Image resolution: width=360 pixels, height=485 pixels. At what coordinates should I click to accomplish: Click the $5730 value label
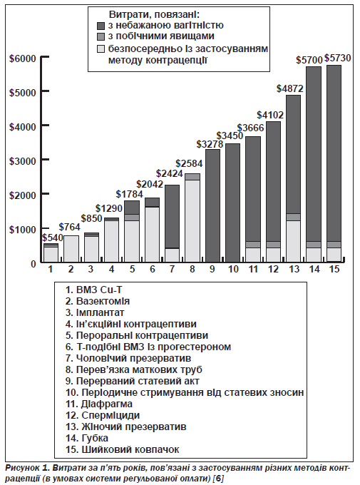(337, 58)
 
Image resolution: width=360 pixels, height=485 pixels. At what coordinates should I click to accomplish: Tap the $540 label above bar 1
(53, 238)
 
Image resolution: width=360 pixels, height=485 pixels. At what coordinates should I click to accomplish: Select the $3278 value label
(210, 144)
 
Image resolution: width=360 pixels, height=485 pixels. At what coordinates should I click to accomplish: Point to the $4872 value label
(290, 88)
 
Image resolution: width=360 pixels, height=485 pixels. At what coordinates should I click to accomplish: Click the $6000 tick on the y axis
(23, 58)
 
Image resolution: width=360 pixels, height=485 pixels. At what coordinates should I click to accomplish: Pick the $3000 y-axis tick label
(23, 161)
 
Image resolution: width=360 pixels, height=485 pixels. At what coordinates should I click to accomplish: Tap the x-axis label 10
(234, 270)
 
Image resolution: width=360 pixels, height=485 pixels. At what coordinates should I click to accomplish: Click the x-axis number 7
(173, 270)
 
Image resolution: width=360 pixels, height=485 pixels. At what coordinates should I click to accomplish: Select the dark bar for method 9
(212, 205)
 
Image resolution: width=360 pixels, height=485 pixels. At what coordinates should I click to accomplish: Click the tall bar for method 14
(314, 164)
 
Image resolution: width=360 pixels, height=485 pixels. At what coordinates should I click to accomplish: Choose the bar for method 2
(71, 249)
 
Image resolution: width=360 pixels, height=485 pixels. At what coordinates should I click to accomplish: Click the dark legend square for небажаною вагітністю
(101, 26)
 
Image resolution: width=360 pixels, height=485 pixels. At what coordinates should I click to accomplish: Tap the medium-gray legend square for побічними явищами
(101, 36)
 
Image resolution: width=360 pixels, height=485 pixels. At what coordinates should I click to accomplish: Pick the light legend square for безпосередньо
(101, 49)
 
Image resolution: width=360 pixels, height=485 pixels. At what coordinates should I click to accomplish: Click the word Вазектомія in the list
(103, 301)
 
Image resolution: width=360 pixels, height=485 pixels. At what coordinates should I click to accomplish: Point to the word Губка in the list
(95, 439)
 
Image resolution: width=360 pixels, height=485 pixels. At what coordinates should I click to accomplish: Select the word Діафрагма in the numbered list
(107, 404)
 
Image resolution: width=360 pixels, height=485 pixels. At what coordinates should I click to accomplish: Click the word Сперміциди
(110, 415)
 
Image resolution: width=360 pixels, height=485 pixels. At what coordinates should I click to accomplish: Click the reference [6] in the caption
(219, 479)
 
